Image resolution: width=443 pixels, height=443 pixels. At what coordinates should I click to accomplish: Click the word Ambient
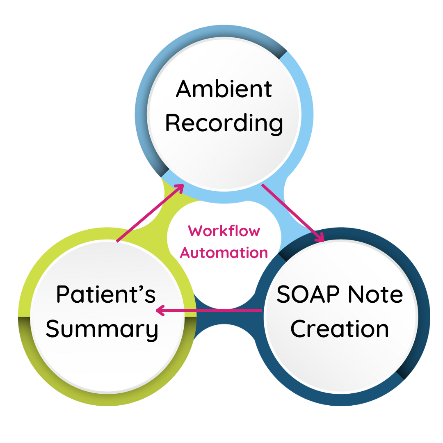tap(224, 89)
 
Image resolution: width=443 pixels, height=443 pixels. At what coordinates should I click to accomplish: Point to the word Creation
tap(340, 329)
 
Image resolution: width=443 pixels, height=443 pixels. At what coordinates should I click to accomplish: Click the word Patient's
tap(106, 295)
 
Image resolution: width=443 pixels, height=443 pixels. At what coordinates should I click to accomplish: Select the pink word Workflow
tap(224, 231)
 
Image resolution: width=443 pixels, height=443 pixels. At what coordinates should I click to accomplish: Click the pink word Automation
tap(224, 252)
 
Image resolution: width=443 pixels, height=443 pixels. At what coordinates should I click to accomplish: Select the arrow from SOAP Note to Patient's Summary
tap(209, 311)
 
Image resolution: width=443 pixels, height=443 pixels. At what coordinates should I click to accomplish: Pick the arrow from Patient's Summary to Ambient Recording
tap(150, 213)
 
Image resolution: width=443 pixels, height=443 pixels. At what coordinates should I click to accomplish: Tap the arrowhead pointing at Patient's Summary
tap(160, 311)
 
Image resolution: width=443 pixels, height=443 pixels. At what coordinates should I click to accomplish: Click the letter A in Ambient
tap(185, 89)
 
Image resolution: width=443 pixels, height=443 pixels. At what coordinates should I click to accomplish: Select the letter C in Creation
tap(299, 329)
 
